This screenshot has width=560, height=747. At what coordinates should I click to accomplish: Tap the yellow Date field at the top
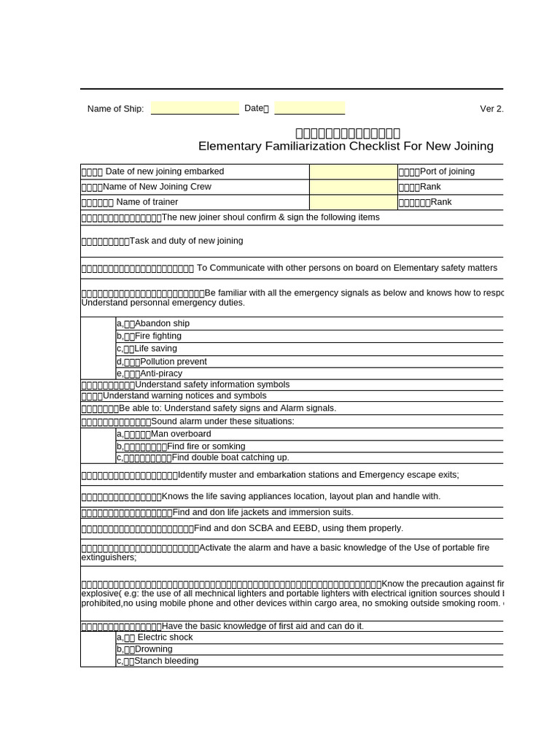pos(309,109)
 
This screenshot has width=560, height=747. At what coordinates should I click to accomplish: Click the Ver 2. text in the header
pos(491,109)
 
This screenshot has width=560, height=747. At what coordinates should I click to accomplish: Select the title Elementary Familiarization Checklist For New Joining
pos(346,146)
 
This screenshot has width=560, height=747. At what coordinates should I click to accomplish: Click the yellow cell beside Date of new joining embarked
pos(353,171)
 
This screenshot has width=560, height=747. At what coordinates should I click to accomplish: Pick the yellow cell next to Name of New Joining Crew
pos(353,187)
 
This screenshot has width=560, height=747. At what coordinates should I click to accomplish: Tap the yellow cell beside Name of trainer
pos(353,202)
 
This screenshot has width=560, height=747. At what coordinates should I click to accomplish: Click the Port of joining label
pos(446,171)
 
